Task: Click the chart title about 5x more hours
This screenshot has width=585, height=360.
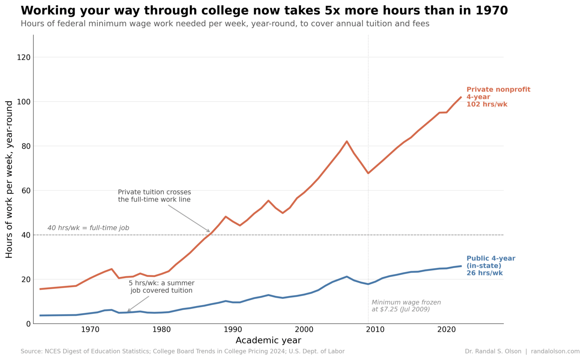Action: [264, 11]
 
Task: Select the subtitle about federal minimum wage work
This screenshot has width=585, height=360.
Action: [225, 24]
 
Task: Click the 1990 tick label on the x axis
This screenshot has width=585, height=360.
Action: [233, 330]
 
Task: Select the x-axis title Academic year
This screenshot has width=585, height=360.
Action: [268, 341]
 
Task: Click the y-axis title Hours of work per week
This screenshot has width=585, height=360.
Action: [9, 179]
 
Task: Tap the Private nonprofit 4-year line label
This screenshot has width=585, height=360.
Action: [498, 97]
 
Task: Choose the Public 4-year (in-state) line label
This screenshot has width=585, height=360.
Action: [491, 266]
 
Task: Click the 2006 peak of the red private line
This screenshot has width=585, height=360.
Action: [347, 142]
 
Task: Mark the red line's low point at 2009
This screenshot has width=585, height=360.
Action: [368, 173]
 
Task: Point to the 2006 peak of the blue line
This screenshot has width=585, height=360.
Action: [347, 277]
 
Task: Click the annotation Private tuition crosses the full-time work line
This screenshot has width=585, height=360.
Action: [154, 196]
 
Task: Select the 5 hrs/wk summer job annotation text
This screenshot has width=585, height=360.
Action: [161, 287]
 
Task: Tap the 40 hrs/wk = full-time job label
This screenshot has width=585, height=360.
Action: [88, 228]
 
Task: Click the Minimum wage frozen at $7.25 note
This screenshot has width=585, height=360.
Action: [406, 306]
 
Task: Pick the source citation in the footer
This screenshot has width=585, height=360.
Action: [182, 352]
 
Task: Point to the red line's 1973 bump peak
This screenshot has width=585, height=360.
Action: [112, 269]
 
